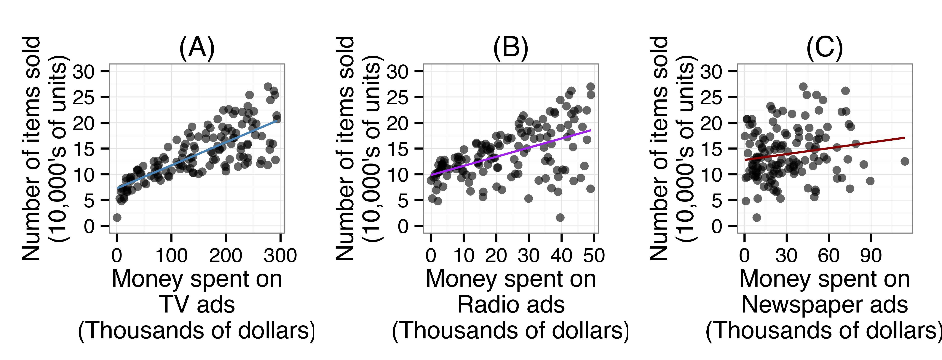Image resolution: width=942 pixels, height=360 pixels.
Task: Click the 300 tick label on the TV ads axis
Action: [280, 255]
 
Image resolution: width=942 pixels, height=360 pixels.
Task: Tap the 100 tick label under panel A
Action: [171, 255]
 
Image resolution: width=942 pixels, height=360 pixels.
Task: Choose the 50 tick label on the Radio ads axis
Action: [594, 255]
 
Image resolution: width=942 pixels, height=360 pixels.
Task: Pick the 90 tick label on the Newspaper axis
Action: [871, 255]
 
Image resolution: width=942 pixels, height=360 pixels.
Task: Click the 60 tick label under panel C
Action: [828, 255]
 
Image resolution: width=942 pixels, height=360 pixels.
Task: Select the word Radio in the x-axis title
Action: [483, 305]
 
